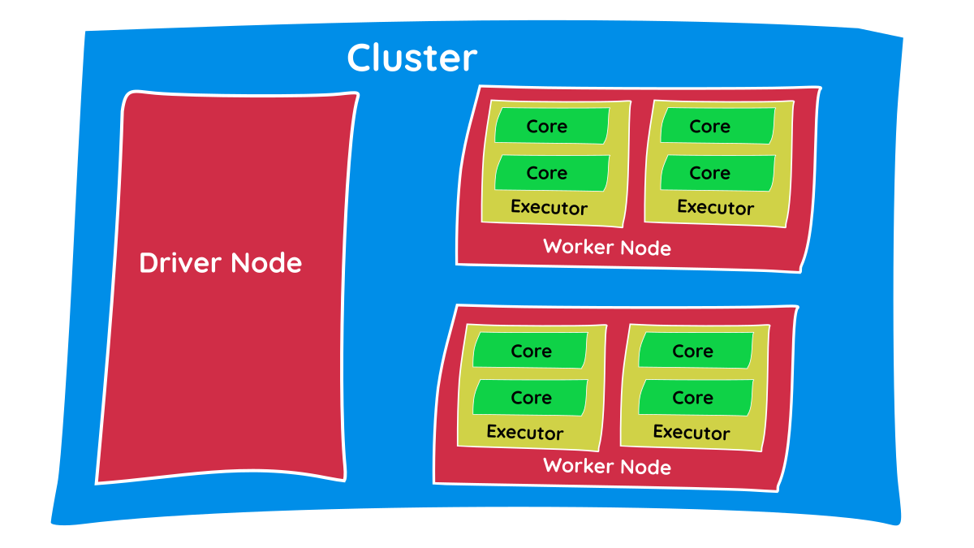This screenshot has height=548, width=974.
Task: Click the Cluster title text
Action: tap(412, 58)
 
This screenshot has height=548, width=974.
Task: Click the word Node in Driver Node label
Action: tap(266, 263)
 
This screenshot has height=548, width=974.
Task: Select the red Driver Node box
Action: tap(227, 365)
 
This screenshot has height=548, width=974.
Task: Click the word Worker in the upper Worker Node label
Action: tap(578, 247)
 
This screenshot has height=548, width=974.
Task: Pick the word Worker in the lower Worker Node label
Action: tap(578, 466)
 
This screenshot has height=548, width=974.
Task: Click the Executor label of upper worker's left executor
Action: tap(549, 208)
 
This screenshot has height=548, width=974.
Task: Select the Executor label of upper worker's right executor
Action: tap(715, 208)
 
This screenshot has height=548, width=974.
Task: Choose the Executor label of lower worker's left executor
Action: tap(525, 433)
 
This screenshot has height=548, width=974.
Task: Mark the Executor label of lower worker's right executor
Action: tap(692, 433)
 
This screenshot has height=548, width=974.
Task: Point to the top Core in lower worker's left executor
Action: tap(531, 351)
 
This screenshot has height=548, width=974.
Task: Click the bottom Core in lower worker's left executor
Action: tap(531, 398)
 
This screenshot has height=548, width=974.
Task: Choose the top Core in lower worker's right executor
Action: tap(694, 351)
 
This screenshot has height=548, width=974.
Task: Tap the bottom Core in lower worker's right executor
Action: tap(694, 398)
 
